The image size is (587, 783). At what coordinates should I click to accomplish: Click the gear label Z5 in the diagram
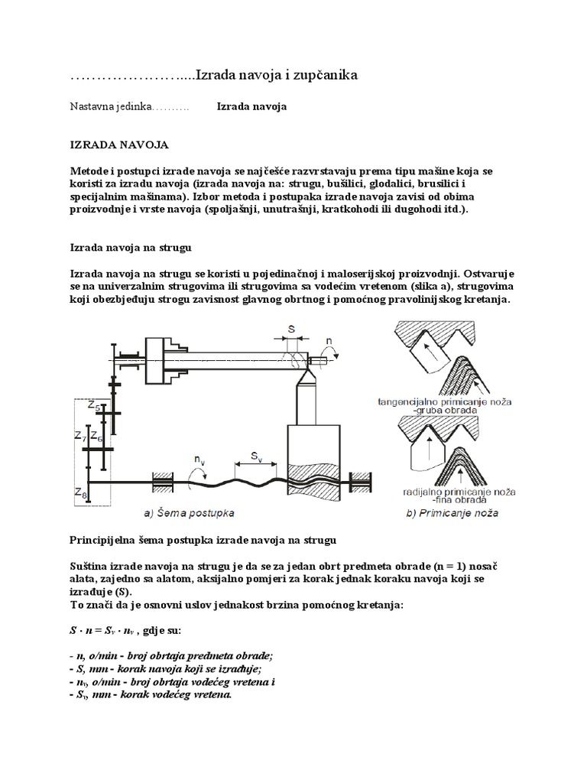(x=93, y=406)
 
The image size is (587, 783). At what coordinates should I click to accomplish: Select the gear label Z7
(x=80, y=437)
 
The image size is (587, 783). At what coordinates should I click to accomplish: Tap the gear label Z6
(x=96, y=437)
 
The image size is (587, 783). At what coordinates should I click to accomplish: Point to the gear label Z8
(x=81, y=494)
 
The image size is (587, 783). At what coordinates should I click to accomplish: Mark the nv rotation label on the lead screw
(x=199, y=460)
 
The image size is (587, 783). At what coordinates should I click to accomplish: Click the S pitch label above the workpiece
(x=291, y=330)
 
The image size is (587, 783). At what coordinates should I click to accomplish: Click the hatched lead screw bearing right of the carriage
(x=358, y=481)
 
